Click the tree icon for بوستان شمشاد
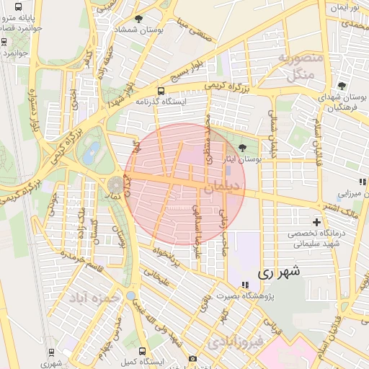tap(138, 19)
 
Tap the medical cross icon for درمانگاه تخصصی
tap(316, 222)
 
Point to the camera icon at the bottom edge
tap(192, 359)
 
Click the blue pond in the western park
tap(92, 153)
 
